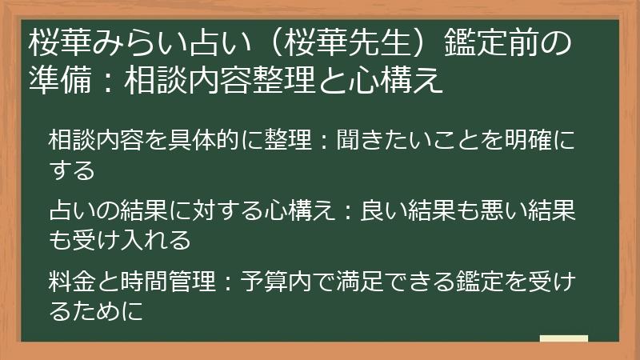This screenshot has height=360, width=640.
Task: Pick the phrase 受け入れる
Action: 130,238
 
